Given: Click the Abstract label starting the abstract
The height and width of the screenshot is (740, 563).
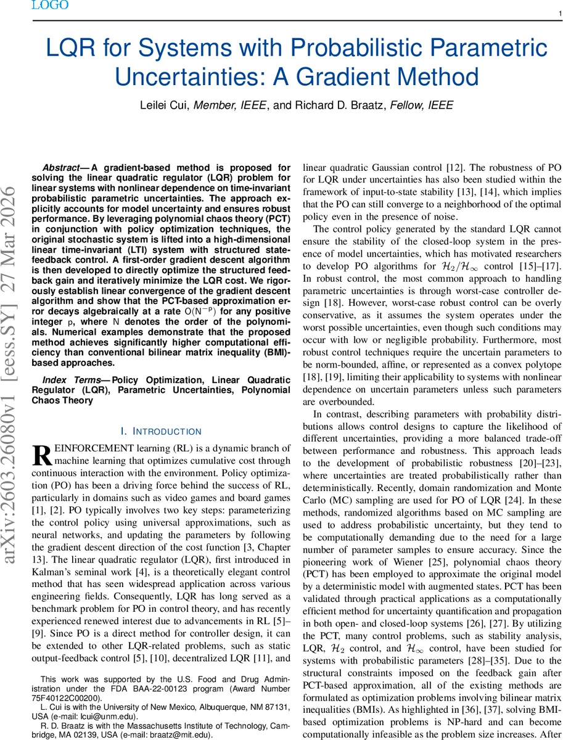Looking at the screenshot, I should click(x=65, y=167).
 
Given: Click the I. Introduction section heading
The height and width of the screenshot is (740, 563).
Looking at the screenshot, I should click(x=161, y=431).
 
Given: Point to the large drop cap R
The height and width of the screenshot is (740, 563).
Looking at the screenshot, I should click(x=42, y=456).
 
